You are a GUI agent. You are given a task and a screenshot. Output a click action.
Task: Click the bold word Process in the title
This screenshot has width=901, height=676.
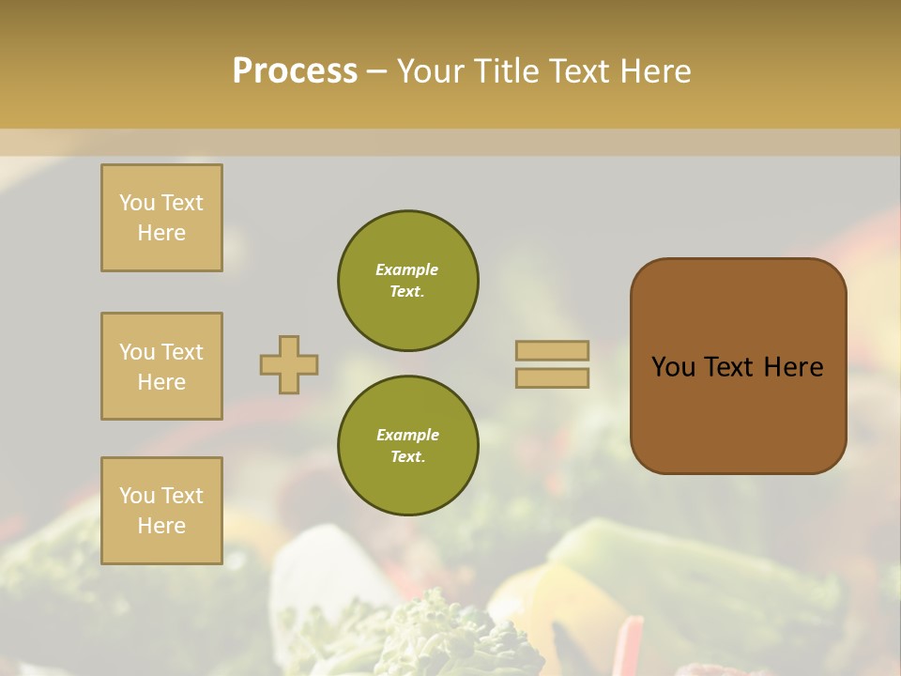pos(295,71)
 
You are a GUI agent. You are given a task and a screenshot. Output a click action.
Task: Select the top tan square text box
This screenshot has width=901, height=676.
pos(161,218)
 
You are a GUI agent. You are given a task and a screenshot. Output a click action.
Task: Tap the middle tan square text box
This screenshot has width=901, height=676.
pos(161,366)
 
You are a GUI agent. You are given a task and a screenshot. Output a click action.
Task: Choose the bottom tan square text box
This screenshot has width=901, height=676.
pos(161,511)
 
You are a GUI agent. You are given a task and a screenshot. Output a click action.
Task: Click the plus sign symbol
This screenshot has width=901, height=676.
pos(289,364)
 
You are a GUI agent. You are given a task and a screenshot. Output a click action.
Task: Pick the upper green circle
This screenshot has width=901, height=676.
pos(407,281)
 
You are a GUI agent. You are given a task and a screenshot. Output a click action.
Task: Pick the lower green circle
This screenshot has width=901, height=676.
pos(407,446)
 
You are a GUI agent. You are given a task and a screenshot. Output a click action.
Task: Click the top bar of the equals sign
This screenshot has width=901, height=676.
pos(552,351)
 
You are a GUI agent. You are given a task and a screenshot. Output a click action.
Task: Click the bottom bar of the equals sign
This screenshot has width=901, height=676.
pos(552,378)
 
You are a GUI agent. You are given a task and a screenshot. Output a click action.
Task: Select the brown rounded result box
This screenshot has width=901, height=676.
pos(738,366)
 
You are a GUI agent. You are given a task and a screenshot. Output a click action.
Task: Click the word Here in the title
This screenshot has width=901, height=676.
pos(656,71)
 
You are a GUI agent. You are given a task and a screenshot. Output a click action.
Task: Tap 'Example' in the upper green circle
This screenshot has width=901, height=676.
pos(407,269)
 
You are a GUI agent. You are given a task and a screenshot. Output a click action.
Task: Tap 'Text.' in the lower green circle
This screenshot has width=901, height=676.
pos(407,457)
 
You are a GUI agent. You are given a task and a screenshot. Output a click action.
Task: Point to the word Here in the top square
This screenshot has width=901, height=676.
pos(161,233)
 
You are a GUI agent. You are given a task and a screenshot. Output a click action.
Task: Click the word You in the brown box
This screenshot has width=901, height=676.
pos(673,367)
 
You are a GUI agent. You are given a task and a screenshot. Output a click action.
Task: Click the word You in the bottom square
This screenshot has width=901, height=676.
pos(137,496)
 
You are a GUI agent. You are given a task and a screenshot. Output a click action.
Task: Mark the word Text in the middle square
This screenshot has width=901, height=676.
pos(182,352)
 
